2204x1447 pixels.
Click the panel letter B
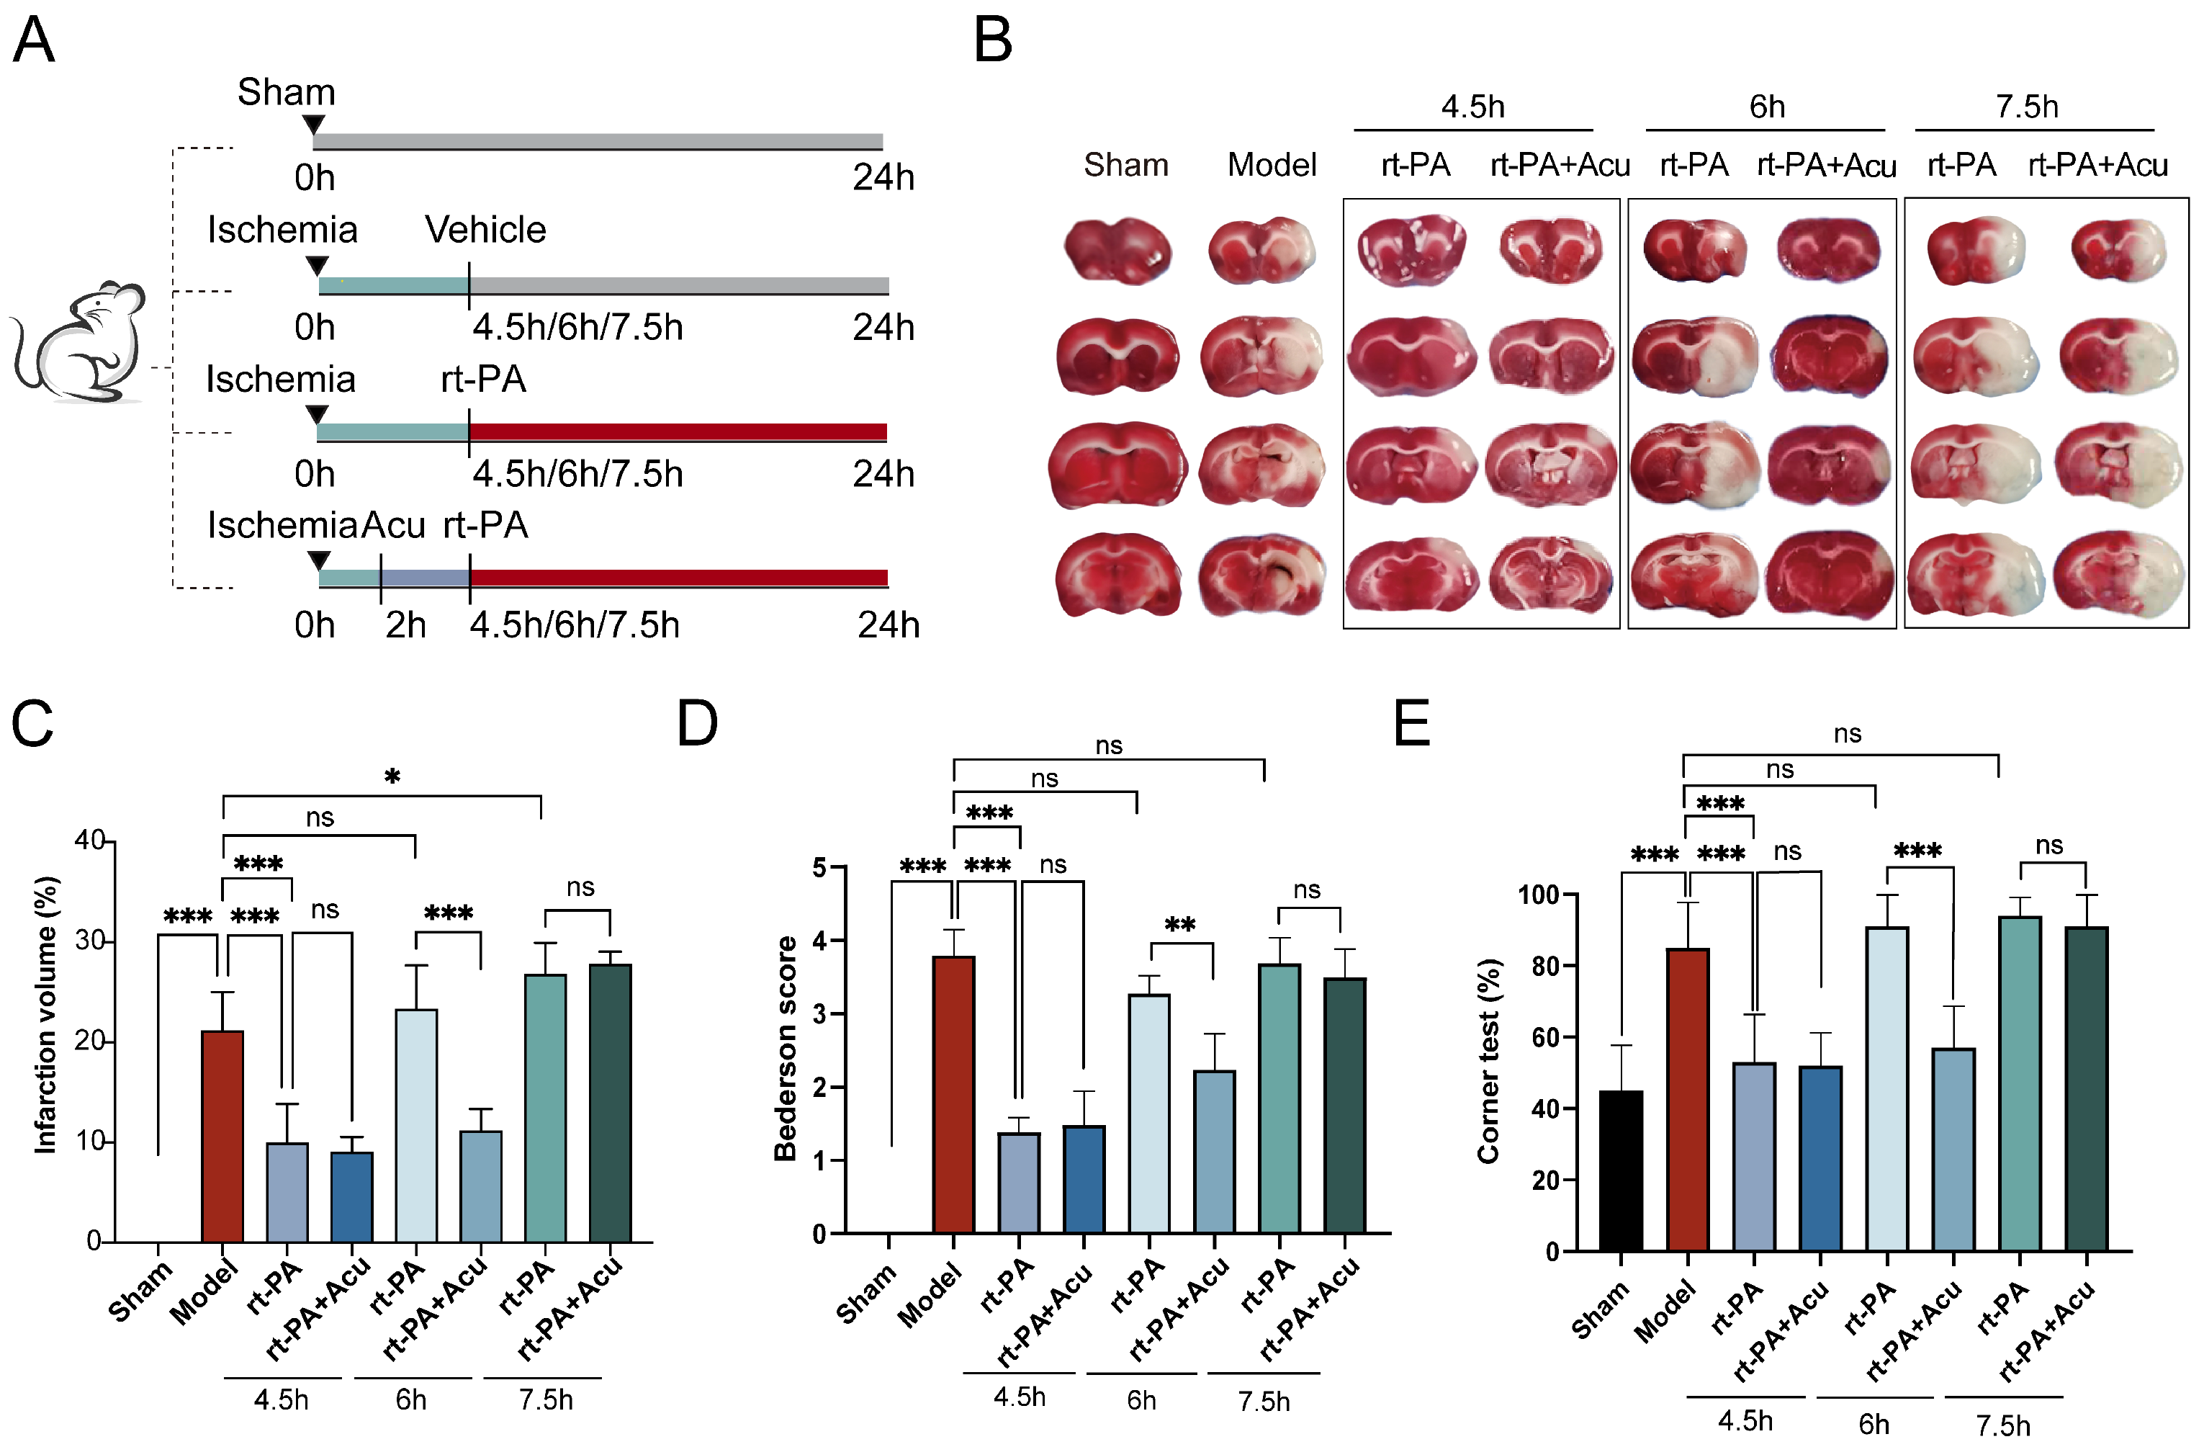pyautogui.click(x=993, y=42)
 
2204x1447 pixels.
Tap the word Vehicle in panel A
pyautogui.click(x=485, y=230)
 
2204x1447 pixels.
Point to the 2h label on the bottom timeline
pyautogui.click(x=405, y=625)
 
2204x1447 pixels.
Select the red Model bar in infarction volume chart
pyautogui.click(x=222, y=1136)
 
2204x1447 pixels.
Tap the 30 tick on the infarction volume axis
pyautogui.click(x=90, y=941)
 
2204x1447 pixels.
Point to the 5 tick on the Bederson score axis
pyautogui.click(x=819, y=868)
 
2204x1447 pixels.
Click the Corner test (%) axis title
pyautogui.click(x=1488, y=1061)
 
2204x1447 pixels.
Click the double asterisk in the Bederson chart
pyautogui.click(x=1180, y=926)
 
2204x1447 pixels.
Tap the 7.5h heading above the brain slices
pyautogui.click(x=2026, y=107)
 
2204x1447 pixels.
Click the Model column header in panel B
pyautogui.click(x=1272, y=165)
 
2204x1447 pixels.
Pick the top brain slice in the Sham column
pyautogui.click(x=1117, y=250)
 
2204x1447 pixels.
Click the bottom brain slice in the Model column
pyautogui.click(x=1261, y=574)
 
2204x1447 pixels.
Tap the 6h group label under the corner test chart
pyautogui.click(x=1874, y=1423)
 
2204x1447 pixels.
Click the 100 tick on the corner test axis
pyautogui.click(x=1537, y=895)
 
